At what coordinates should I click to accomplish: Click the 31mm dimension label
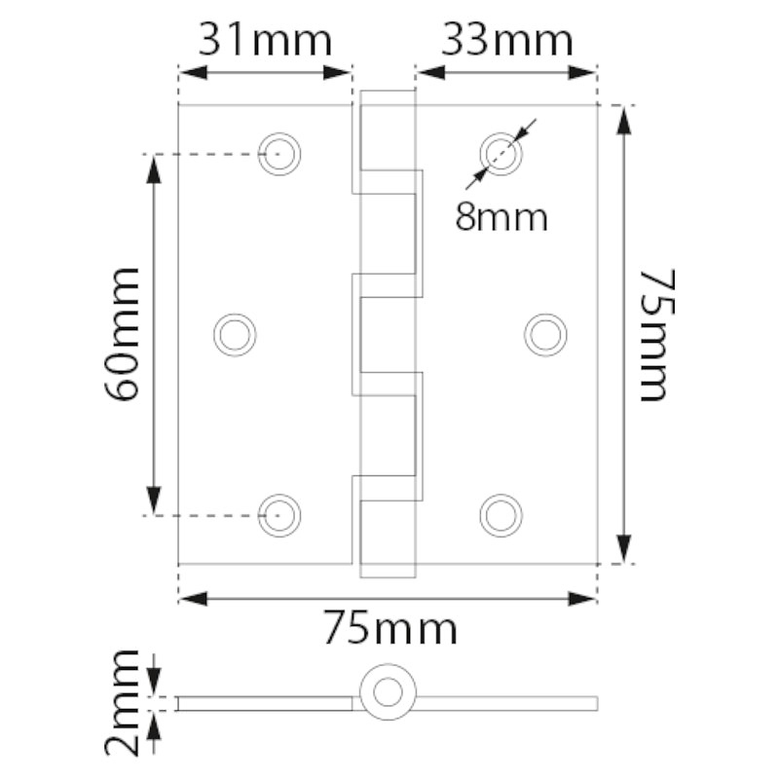pyautogui.click(x=265, y=41)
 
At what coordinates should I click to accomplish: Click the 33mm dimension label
pyautogui.click(x=507, y=41)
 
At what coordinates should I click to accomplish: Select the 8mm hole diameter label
pyautogui.click(x=501, y=217)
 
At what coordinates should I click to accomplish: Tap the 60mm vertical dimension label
pyautogui.click(x=122, y=334)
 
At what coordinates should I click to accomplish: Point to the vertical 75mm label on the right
pyautogui.click(x=658, y=335)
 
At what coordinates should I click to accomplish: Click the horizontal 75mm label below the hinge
pyautogui.click(x=390, y=628)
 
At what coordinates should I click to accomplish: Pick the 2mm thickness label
pyautogui.click(x=122, y=702)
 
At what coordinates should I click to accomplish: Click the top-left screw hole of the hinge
pyautogui.click(x=279, y=154)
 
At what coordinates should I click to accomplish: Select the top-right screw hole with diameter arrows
pyautogui.click(x=501, y=154)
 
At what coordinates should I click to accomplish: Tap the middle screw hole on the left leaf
pyautogui.click(x=235, y=335)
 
